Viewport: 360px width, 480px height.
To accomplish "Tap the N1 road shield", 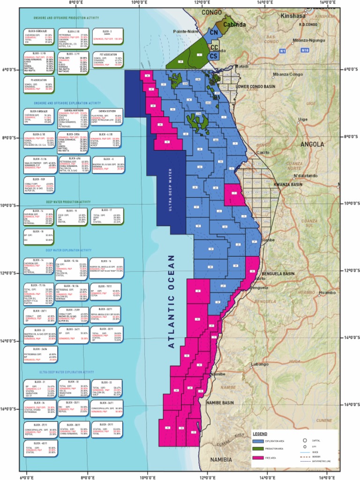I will coord(282,50).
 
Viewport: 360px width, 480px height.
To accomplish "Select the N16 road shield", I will coord(305,50).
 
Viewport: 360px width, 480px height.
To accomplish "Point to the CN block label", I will coord(214,32).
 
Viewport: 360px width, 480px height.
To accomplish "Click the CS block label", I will coord(214,56).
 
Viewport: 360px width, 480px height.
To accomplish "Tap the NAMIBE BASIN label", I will coord(221,402).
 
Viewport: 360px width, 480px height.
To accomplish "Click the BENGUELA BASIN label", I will coord(278,273).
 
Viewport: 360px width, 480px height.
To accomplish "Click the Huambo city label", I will coord(327,293).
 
